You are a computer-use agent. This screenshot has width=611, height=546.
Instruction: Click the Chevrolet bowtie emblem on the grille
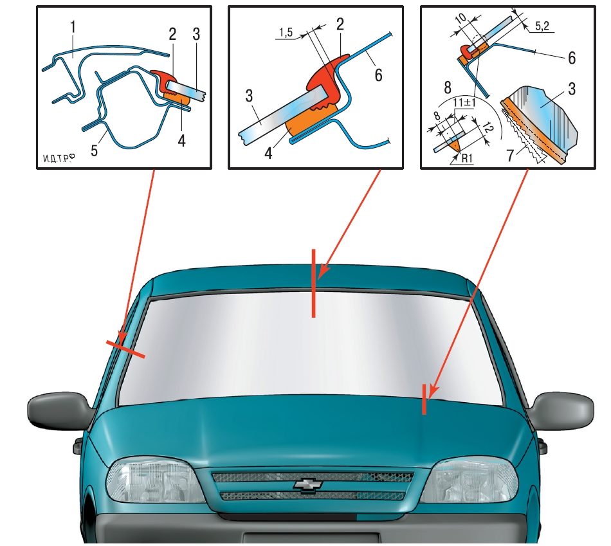(x=307, y=484)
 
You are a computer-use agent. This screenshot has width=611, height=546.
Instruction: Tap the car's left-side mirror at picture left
(x=59, y=412)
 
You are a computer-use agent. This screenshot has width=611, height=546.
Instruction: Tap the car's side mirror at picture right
(x=560, y=411)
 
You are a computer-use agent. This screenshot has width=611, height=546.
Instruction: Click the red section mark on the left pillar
(x=126, y=349)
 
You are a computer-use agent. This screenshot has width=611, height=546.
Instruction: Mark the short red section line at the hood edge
(x=424, y=399)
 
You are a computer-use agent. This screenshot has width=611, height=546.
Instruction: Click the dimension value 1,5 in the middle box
(x=286, y=32)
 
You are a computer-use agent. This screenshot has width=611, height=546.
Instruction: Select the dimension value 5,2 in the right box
(x=542, y=26)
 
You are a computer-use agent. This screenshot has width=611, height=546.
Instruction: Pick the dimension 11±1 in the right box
(x=464, y=103)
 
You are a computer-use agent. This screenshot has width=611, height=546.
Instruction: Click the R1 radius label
(x=467, y=158)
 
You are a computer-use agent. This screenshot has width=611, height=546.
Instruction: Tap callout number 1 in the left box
(x=73, y=27)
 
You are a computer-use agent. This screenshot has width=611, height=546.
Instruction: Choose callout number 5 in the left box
(x=94, y=150)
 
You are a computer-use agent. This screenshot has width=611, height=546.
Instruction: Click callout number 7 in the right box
(x=510, y=155)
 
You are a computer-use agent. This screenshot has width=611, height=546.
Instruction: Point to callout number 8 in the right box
(x=448, y=87)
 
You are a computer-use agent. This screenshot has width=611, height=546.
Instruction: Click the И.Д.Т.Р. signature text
(x=59, y=158)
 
